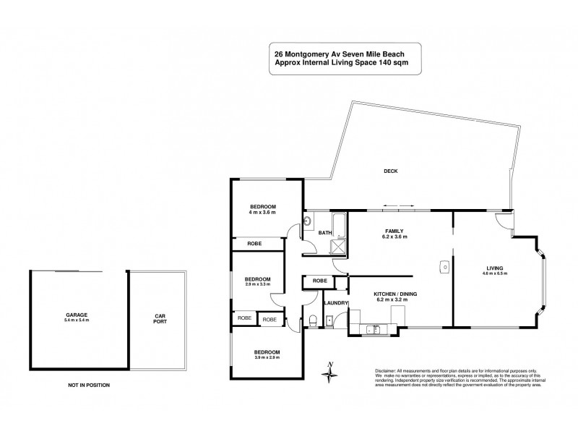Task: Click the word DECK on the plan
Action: [x=390, y=171]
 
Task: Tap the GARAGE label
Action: [x=75, y=316]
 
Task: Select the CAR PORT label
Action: [x=160, y=319]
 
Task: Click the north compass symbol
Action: [x=330, y=372]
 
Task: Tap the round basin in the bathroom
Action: [x=306, y=221]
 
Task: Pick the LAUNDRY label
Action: [x=336, y=303]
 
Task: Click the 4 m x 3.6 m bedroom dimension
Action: [x=263, y=212]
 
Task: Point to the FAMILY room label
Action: [x=394, y=231]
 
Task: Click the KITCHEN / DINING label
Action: [x=394, y=293]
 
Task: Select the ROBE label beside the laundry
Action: [x=320, y=280]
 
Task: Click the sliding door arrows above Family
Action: [x=395, y=205]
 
